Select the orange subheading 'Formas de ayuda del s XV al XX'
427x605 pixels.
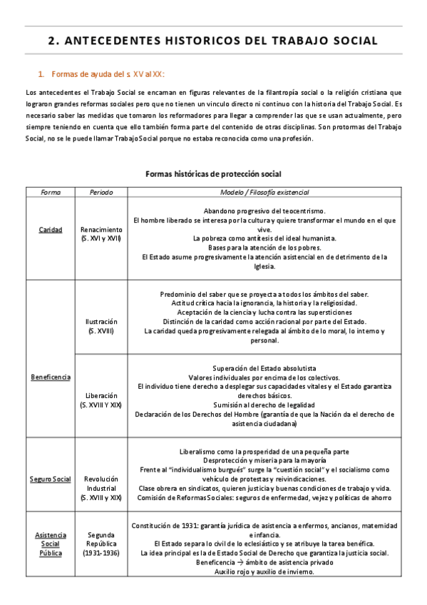click(108, 73)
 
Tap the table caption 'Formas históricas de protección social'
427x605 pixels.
click(213, 174)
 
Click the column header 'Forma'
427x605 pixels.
click(51, 192)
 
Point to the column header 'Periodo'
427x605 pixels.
click(101, 192)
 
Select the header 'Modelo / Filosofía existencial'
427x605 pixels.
click(264, 192)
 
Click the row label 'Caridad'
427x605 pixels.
click(51, 230)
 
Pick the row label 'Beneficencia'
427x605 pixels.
click(51, 376)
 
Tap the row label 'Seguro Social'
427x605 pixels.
click(51, 479)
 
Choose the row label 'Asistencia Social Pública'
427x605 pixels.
click(51, 544)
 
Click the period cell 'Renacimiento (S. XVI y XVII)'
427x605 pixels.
click(101, 234)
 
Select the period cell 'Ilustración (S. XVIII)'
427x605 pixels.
click(101, 326)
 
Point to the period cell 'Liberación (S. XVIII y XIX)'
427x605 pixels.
click(101, 400)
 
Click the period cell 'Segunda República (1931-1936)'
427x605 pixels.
click(101, 544)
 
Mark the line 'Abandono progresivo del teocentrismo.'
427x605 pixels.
click(264, 211)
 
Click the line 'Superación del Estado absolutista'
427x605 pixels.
click(264, 368)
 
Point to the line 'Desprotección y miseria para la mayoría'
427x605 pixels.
click(264, 460)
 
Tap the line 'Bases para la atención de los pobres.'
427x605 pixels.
click(264, 248)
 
